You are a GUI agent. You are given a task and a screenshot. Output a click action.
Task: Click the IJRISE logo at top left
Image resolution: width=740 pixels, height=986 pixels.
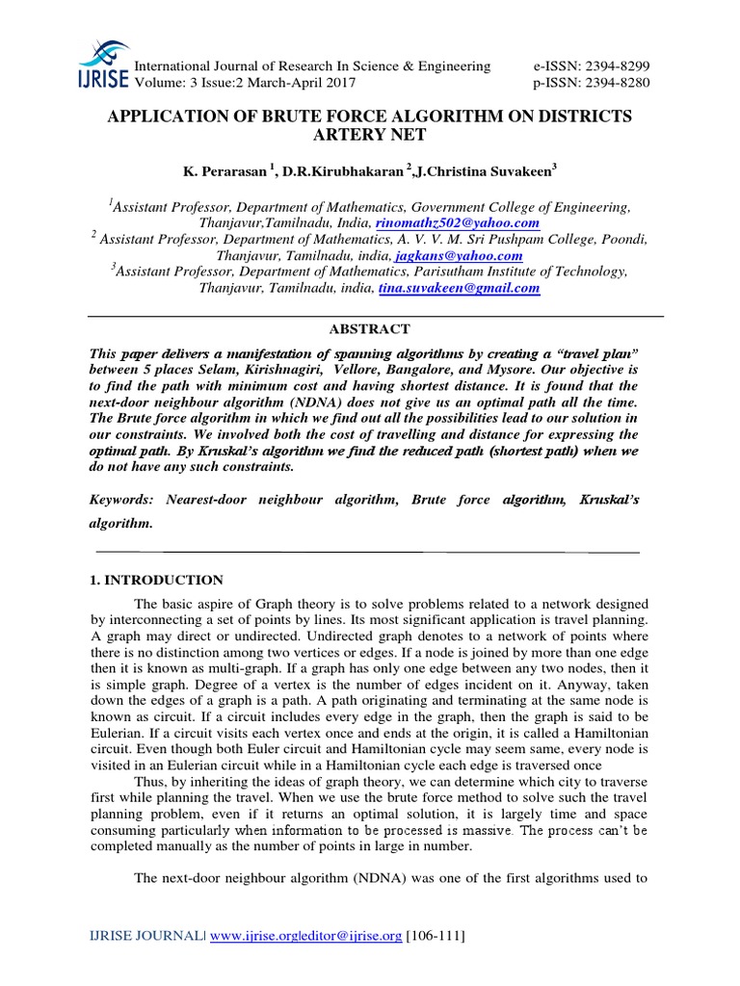pyautogui.click(x=106, y=64)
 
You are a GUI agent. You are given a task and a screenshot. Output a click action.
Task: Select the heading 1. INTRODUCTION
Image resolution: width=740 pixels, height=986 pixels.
pyautogui.click(x=156, y=580)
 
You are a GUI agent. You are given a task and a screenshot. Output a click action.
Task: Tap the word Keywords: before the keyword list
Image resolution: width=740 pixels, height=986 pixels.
pyautogui.click(x=123, y=501)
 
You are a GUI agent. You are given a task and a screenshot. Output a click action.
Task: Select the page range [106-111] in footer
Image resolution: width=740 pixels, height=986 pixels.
pyautogui.click(x=436, y=936)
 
